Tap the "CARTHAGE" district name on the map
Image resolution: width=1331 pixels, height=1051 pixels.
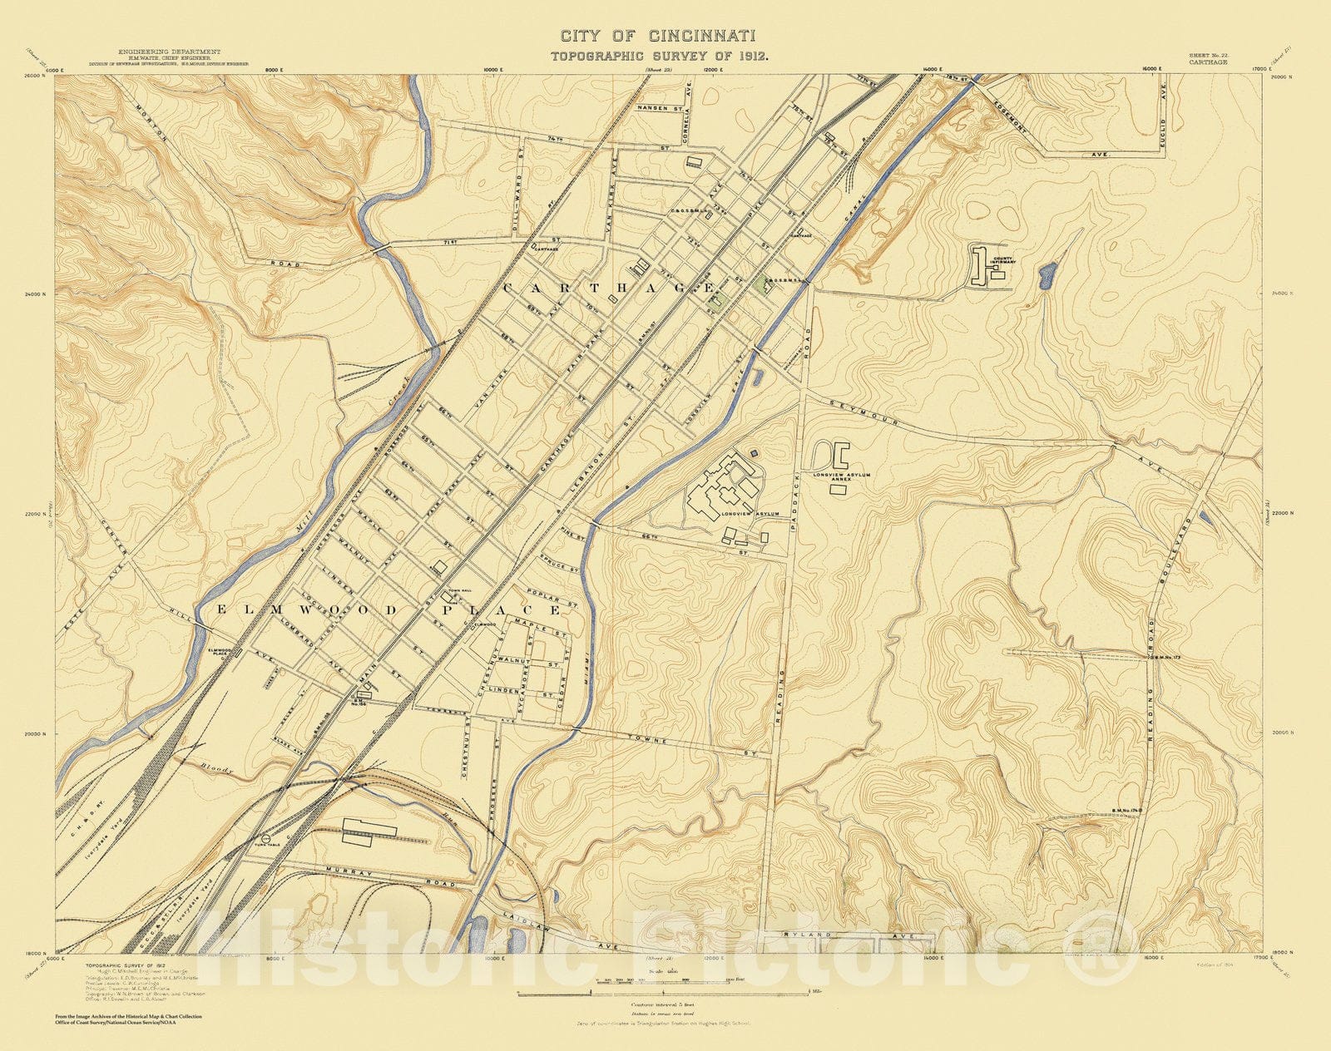(x=609, y=288)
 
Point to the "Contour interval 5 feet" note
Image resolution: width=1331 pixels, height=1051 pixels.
(x=662, y=1005)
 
